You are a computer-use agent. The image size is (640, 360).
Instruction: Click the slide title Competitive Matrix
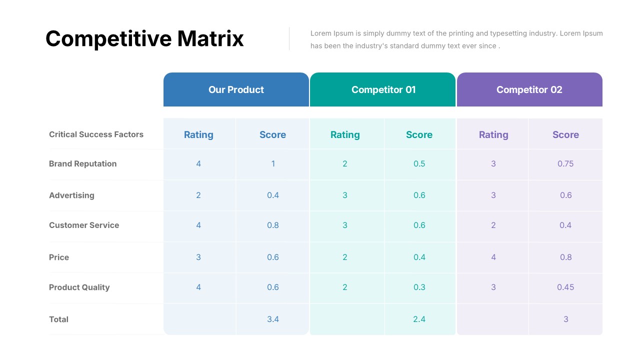[144, 38]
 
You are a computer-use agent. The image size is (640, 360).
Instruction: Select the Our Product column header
[236, 90]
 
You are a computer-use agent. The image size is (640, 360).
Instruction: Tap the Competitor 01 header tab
[383, 90]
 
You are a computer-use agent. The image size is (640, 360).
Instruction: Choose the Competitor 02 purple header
[529, 90]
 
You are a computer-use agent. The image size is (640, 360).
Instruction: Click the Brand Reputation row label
[82, 164]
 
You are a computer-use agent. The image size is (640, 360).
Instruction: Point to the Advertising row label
[71, 195]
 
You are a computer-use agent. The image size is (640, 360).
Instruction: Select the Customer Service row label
[84, 225]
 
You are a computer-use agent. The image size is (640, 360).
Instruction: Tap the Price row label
[59, 257]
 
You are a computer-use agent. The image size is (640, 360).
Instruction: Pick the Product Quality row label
[79, 287]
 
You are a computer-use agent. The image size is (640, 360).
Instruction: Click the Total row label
[58, 319]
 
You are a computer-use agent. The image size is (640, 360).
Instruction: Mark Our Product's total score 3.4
[273, 319]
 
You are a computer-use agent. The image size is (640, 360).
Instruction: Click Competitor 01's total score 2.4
[419, 319]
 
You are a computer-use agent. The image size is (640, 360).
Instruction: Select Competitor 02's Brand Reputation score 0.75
[565, 164]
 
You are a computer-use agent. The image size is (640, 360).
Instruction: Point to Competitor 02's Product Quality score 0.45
[565, 287]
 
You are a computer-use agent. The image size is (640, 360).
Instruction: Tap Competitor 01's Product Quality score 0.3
[419, 287]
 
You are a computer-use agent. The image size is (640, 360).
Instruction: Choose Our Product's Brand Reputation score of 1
[273, 164]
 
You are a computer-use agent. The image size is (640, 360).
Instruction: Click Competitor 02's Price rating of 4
[493, 257]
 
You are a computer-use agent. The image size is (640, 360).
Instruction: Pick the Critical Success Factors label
[96, 134]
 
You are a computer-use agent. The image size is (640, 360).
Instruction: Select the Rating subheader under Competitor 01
[345, 135]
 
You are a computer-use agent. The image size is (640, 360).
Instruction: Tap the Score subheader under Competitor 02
[565, 135]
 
